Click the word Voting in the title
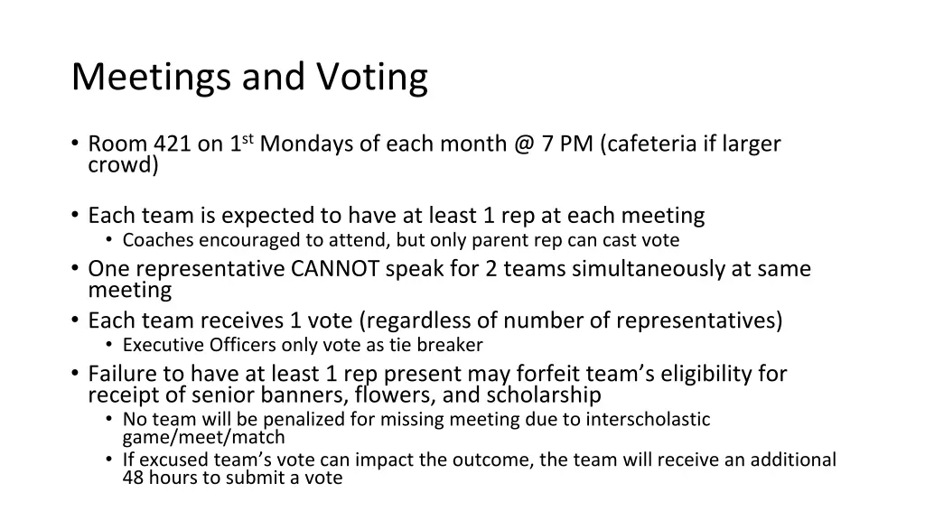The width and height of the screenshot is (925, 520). pyautogui.click(x=371, y=79)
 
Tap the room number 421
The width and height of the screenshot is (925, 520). pyautogui.click(x=172, y=144)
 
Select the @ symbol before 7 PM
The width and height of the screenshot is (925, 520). pyautogui.click(x=524, y=144)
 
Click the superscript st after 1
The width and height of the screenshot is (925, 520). pyautogui.click(x=248, y=139)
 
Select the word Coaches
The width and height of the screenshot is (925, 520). pyautogui.click(x=158, y=240)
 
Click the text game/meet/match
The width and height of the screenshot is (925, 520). pyautogui.click(x=203, y=438)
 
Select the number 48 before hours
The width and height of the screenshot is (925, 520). pyautogui.click(x=133, y=478)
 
